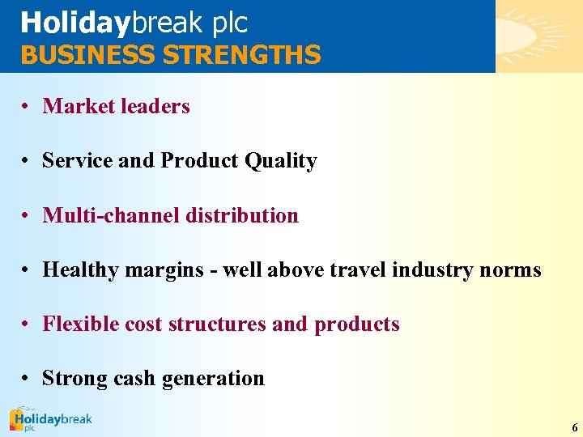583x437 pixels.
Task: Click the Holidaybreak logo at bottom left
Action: click(x=50, y=420)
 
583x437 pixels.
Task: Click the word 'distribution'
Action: click(x=242, y=215)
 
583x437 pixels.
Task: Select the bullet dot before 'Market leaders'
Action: click(x=27, y=107)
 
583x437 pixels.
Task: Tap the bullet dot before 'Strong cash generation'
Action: click(x=27, y=379)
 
